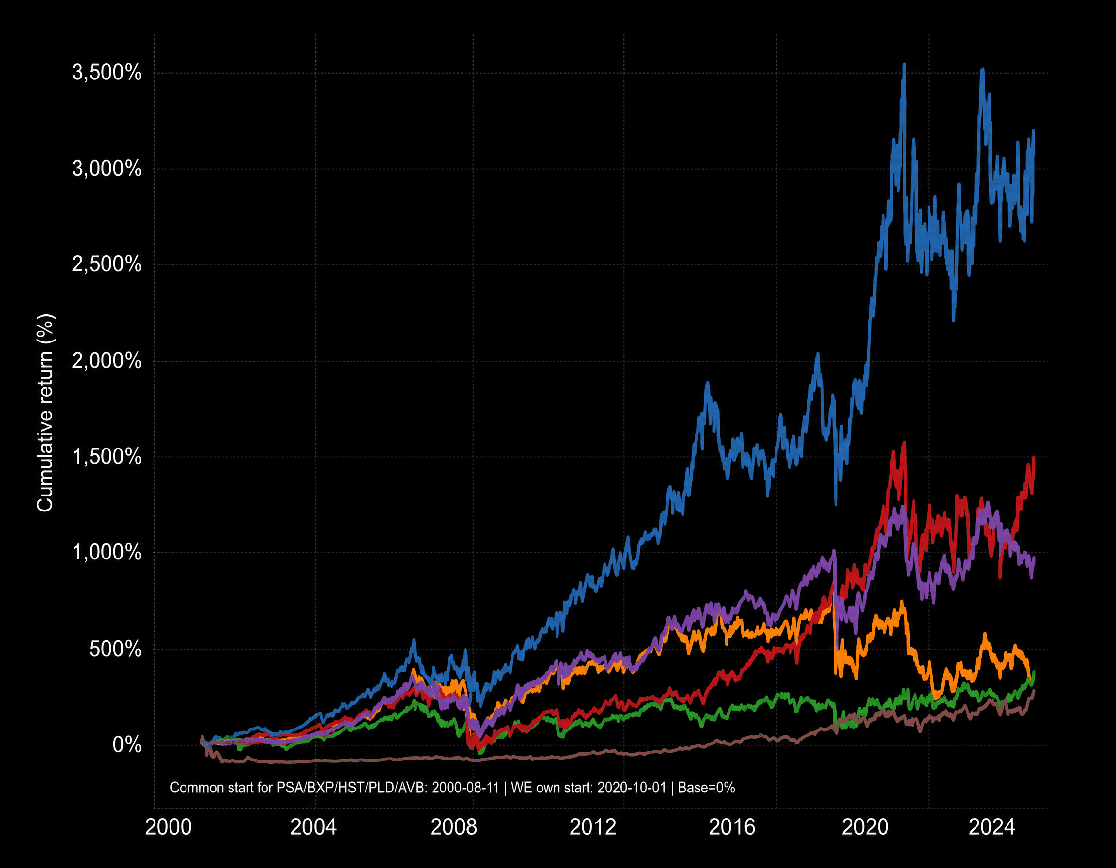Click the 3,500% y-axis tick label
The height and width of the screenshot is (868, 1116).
pyautogui.click(x=106, y=73)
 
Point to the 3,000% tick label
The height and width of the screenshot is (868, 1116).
pyautogui.click(x=106, y=169)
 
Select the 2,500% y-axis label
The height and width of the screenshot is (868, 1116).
pyautogui.click(x=106, y=264)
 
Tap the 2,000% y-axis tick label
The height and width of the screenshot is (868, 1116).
pyautogui.click(x=106, y=361)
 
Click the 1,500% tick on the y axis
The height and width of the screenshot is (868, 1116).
pyautogui.click(x=106, y=457)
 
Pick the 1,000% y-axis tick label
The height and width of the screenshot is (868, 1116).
pyautogui.click(x=106, y=552)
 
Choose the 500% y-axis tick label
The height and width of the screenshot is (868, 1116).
pyautogui.click(x=115, y=650)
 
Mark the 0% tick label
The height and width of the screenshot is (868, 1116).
pyautogui.click(x=127, y=745)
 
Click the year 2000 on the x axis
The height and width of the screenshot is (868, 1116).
pyautogui.click(x=168, y=827)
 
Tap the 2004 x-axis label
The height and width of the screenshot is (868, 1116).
pyautogui.click(x=313, y=827)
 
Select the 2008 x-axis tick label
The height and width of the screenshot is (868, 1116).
pyautogui.click(x=453, y=827)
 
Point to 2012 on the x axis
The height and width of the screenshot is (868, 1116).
pyautogui.click(x=593, y=827)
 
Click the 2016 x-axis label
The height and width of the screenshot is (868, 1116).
pyautogui.click(x=732, y=827)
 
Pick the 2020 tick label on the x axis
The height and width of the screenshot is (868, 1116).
pyautogui.click(x=865, y=827)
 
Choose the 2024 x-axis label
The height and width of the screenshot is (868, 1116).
pyautogui.click(x=992, y=827)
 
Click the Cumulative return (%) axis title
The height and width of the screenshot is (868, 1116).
pyautogui.click(x=45, y=413)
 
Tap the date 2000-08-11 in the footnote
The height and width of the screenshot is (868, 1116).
pyautogui.click(x=465, y=788)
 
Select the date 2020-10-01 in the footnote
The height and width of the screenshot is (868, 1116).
pyautogui.click(x=632, y=788)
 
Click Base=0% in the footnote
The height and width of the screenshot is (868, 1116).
pyautogui.click(x=706, y=788)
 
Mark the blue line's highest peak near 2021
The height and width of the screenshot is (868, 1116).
pyautogui.click(x=904, y=65)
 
